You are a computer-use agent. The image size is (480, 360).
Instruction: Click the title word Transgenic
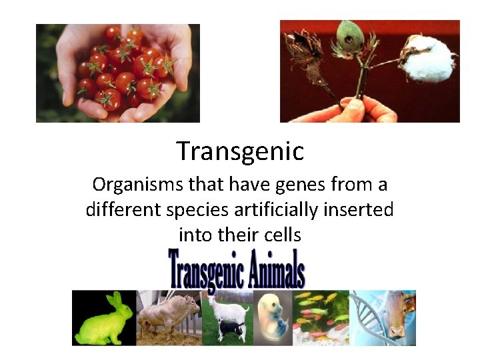[240, 152]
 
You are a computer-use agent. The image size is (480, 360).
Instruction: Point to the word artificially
[279, 209]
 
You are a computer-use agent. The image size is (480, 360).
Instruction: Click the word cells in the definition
[283, 235]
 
